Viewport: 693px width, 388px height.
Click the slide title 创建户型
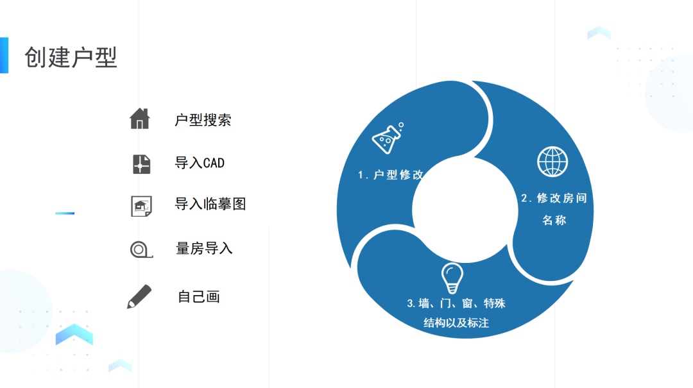click(x=71, y=58)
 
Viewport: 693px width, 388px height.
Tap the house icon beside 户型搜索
click(x=139, y=119)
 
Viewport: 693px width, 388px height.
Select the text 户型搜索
click(x=203, y=120)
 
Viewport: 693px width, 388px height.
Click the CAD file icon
click(x=141, y=164)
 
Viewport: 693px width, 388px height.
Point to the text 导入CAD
click(x=200, y=163)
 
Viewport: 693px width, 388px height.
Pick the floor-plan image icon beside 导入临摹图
click(x=141, y=206)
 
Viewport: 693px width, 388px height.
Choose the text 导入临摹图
click(x=210, y=204)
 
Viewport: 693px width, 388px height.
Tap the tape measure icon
click(x=141, y=249)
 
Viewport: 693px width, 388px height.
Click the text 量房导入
click(x=204, y=248)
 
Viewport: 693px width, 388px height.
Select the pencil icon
click(x=139, y=296)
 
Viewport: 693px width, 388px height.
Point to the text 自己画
click(x=199, y=297)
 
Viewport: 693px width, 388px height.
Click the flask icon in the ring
click(x=388, y=138)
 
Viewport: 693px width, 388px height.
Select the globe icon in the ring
click(x=552, y=162)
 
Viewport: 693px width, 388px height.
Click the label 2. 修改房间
click(x=554, y=198)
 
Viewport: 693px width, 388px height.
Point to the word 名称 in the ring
click(x=554, y=220)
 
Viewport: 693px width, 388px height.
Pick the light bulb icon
click(x=452, y=278)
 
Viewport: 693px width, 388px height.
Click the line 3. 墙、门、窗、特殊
click(x=456, y=303)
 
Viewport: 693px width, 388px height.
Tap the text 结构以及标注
click(x=456, y=323)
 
